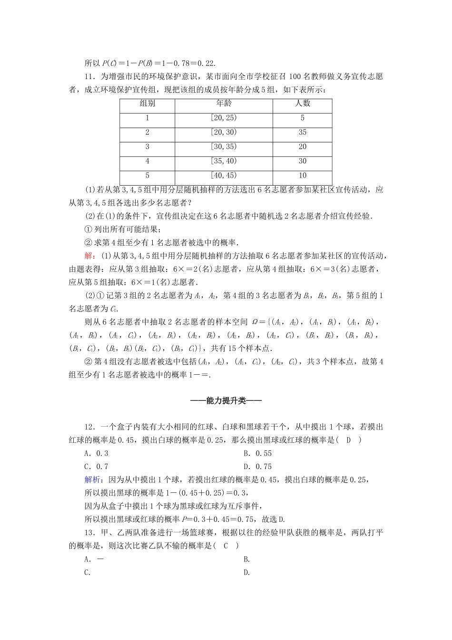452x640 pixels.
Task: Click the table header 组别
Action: coord(147,103)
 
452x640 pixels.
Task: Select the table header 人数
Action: coord(302,103)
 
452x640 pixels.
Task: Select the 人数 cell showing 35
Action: coord(302,132)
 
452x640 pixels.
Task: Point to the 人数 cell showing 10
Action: coord(302,175)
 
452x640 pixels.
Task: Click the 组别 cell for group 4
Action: coord(147,161)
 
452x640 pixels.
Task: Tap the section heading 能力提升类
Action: coord(226,401)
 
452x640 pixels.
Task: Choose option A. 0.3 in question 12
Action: coord(96,453)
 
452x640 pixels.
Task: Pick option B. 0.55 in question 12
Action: coord(257,453)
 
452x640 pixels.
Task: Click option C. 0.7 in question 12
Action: coord(96,467)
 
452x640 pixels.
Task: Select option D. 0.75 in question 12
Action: coord(257,467)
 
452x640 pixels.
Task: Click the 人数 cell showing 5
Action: coord(302,118)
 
